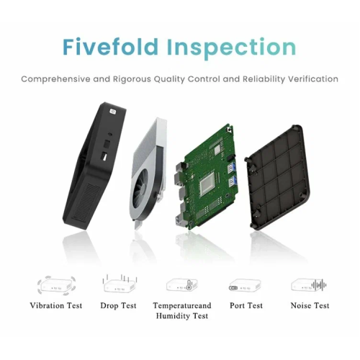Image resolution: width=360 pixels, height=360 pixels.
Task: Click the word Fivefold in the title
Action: point(110,47)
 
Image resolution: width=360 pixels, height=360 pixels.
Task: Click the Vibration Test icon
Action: point(56,285)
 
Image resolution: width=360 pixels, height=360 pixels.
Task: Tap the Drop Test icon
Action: point(120,284)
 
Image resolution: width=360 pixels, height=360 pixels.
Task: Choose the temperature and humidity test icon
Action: point(182,285)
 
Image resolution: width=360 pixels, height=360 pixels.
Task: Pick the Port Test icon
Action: point(245,285)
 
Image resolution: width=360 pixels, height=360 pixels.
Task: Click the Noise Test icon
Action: point(309,285)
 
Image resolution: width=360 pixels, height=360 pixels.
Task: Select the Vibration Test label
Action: point(56,305)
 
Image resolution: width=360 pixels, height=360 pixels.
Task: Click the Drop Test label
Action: point(118,305)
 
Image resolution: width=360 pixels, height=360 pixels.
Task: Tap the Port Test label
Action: point(246,305)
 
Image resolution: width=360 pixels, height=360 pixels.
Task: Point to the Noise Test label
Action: point(310,305)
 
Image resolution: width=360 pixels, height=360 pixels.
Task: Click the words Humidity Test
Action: point(182,316)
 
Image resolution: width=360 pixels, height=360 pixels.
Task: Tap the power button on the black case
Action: point(112,112)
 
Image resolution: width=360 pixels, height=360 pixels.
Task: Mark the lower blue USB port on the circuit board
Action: point(232,182)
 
